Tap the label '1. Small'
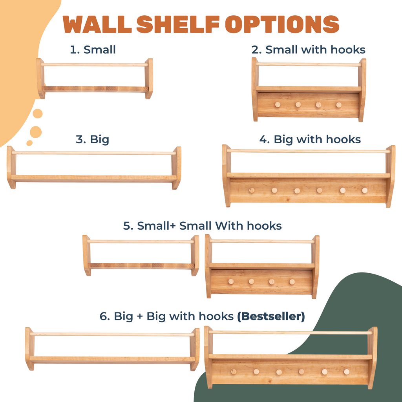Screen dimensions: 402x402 pos(93,50)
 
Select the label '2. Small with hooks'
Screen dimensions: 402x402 pos(308,50)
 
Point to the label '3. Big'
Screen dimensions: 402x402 pos(92,139)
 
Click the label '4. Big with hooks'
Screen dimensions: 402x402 pos(310,139)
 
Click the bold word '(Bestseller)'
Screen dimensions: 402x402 pos(271,316)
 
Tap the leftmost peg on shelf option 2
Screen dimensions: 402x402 pos(278,104)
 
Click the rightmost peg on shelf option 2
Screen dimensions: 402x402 pos(338,105)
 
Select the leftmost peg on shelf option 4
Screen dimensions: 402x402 pos(252,190)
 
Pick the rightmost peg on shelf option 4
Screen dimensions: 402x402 pos(365,190)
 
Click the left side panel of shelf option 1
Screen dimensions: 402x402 pos(40,78)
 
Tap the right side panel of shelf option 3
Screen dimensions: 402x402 pos(176,168)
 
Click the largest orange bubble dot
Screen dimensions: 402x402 pos(36,132)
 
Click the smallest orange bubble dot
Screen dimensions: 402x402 pos(29,143)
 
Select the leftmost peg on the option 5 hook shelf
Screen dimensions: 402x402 pos(231,281)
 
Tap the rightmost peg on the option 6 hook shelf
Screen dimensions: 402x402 pos(347,371)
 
